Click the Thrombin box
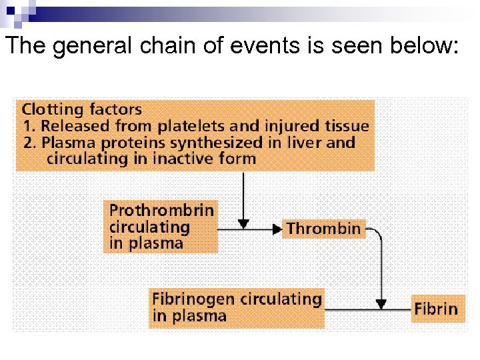tap(324, 229)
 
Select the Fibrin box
tap(437, 309)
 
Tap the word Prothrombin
tap(162, 211)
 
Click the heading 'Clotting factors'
tap(81, 109)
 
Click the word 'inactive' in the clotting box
tap(171, 159)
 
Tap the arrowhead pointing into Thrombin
tap(277, 229)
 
